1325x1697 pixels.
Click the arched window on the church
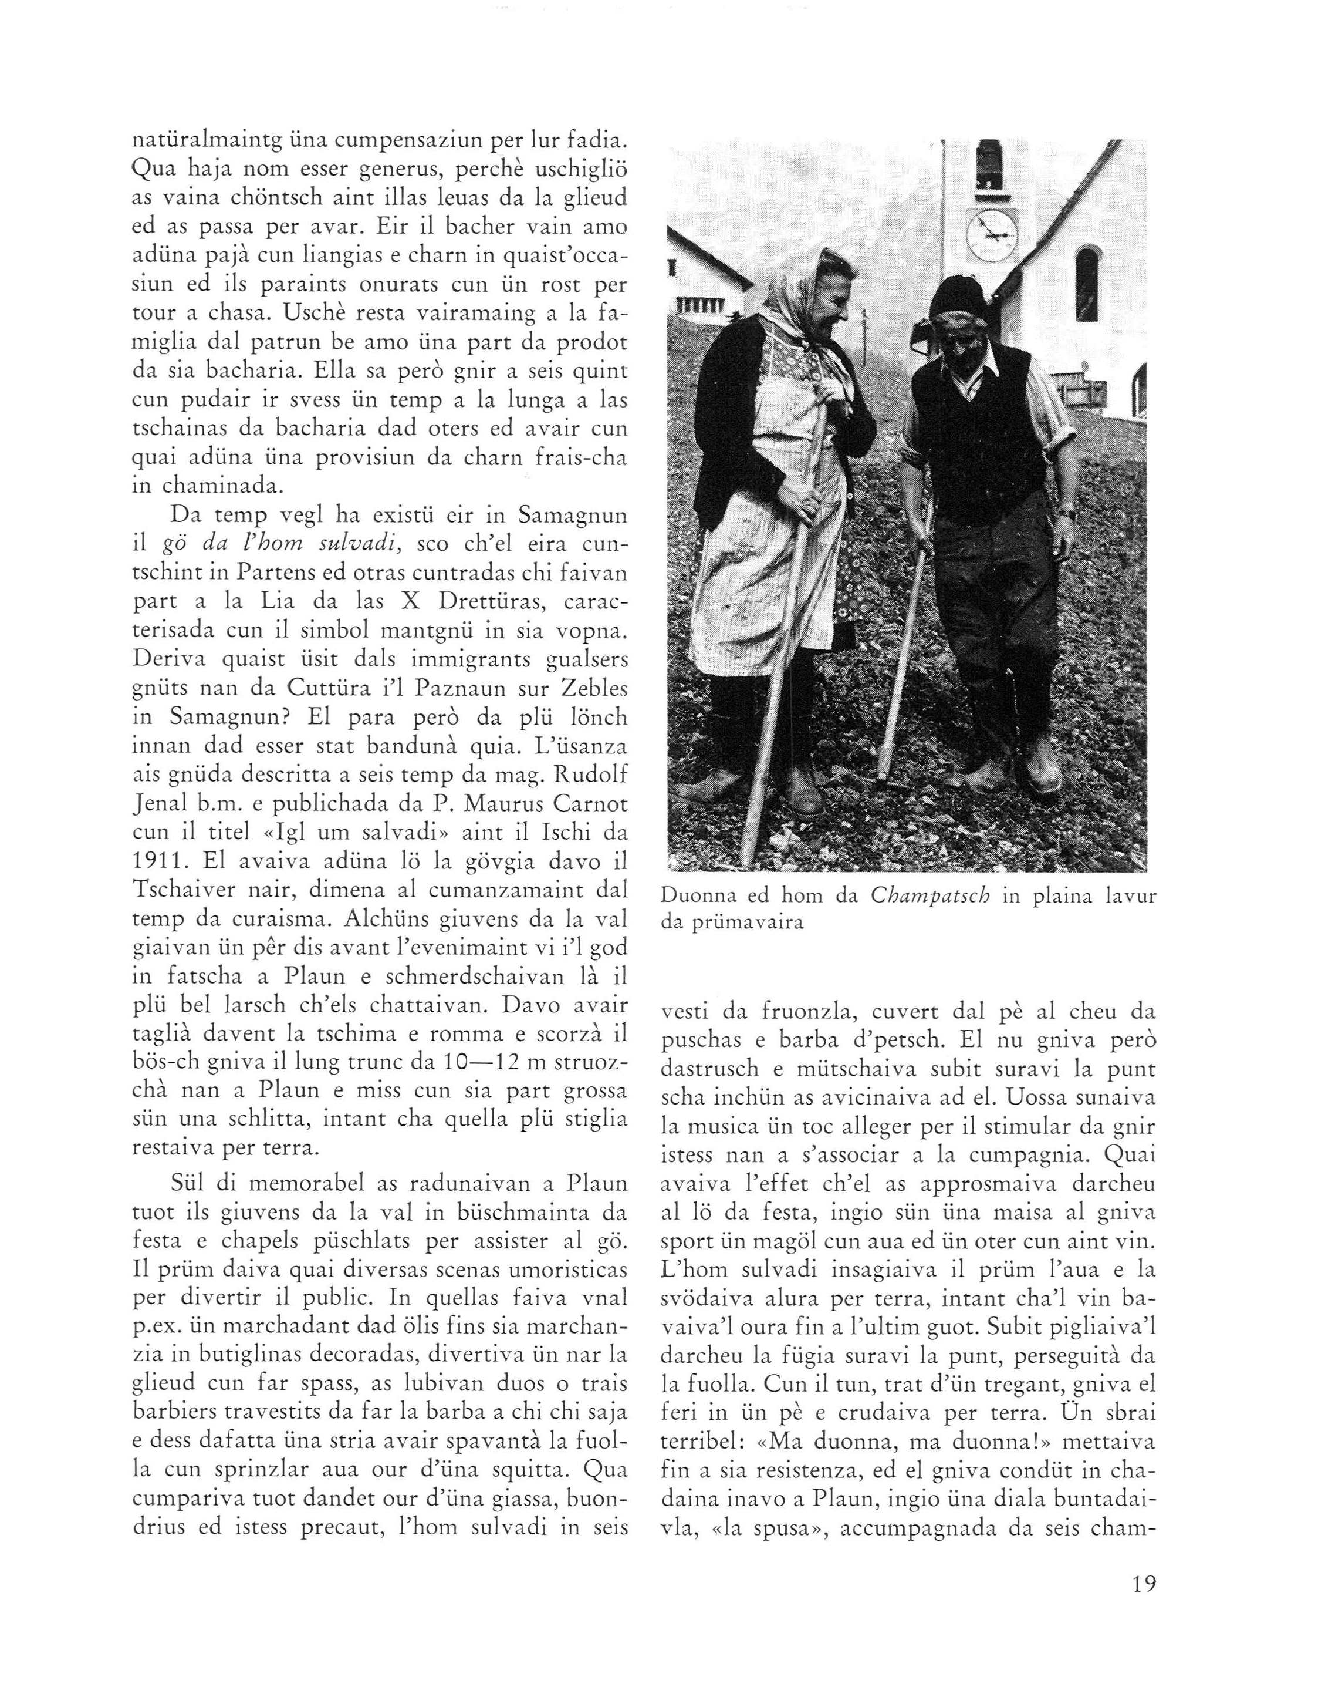1087,284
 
